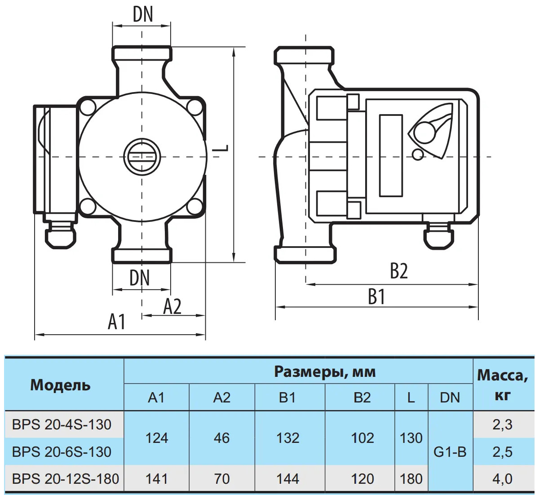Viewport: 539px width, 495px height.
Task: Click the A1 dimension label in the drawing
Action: click(x=117, y=322)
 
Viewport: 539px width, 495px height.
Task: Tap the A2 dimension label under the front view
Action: click(x=172, y=306)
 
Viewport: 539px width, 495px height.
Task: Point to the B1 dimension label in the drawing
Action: click(x=376, y=297)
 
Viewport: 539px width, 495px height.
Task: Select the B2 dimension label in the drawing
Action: click(x=398, y=271)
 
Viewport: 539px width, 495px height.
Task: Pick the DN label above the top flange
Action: click(x=143, y=14)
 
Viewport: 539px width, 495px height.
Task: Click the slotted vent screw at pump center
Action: click(x=141, y=156)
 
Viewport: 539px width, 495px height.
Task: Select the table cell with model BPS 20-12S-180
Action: click(x=66, y=479)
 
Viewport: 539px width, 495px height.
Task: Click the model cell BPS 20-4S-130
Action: click(x=62, y=424)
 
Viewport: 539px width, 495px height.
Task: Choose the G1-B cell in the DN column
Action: click(x=450, y=452)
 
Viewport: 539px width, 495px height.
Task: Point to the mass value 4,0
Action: click(x=502, y=479)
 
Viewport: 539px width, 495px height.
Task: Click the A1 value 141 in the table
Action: click(x=157, y=479)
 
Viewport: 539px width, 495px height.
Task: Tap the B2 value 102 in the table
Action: click(x=362, y=438)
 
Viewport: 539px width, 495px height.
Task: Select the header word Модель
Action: click(x=60, y=385)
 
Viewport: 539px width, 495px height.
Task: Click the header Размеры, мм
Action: click(x=325, y=372)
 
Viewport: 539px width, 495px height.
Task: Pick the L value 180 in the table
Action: click(x=411, y=479)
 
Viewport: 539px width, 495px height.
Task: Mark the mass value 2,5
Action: click(x=502, y=452)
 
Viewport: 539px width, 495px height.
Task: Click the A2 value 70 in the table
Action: click(x=222, y=479)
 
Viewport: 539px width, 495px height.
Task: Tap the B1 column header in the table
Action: click(x=287, y=398)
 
